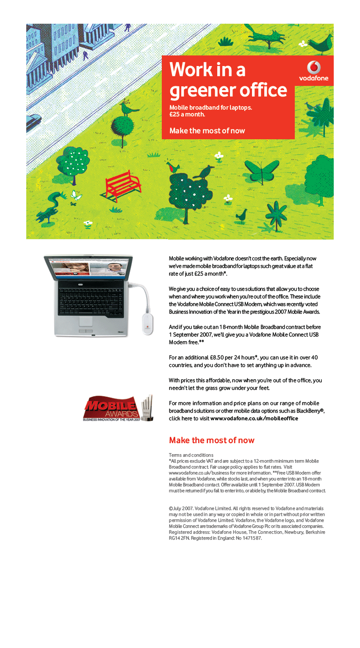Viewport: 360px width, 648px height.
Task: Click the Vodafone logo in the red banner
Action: pyautogui.click(x=314, y=71)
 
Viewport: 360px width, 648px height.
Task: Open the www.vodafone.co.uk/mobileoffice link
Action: pyautogui.click(x=254, y=419)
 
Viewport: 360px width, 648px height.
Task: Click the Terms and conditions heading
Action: pyautogui.click(x=191, y=455)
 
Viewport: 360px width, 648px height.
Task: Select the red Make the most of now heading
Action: pyautogui.click(x=211, y=440)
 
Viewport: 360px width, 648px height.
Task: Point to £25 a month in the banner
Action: pyautogui.click(x=187, y=114)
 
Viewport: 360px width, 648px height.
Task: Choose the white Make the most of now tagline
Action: pyautogui.click(x=207, y=131)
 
